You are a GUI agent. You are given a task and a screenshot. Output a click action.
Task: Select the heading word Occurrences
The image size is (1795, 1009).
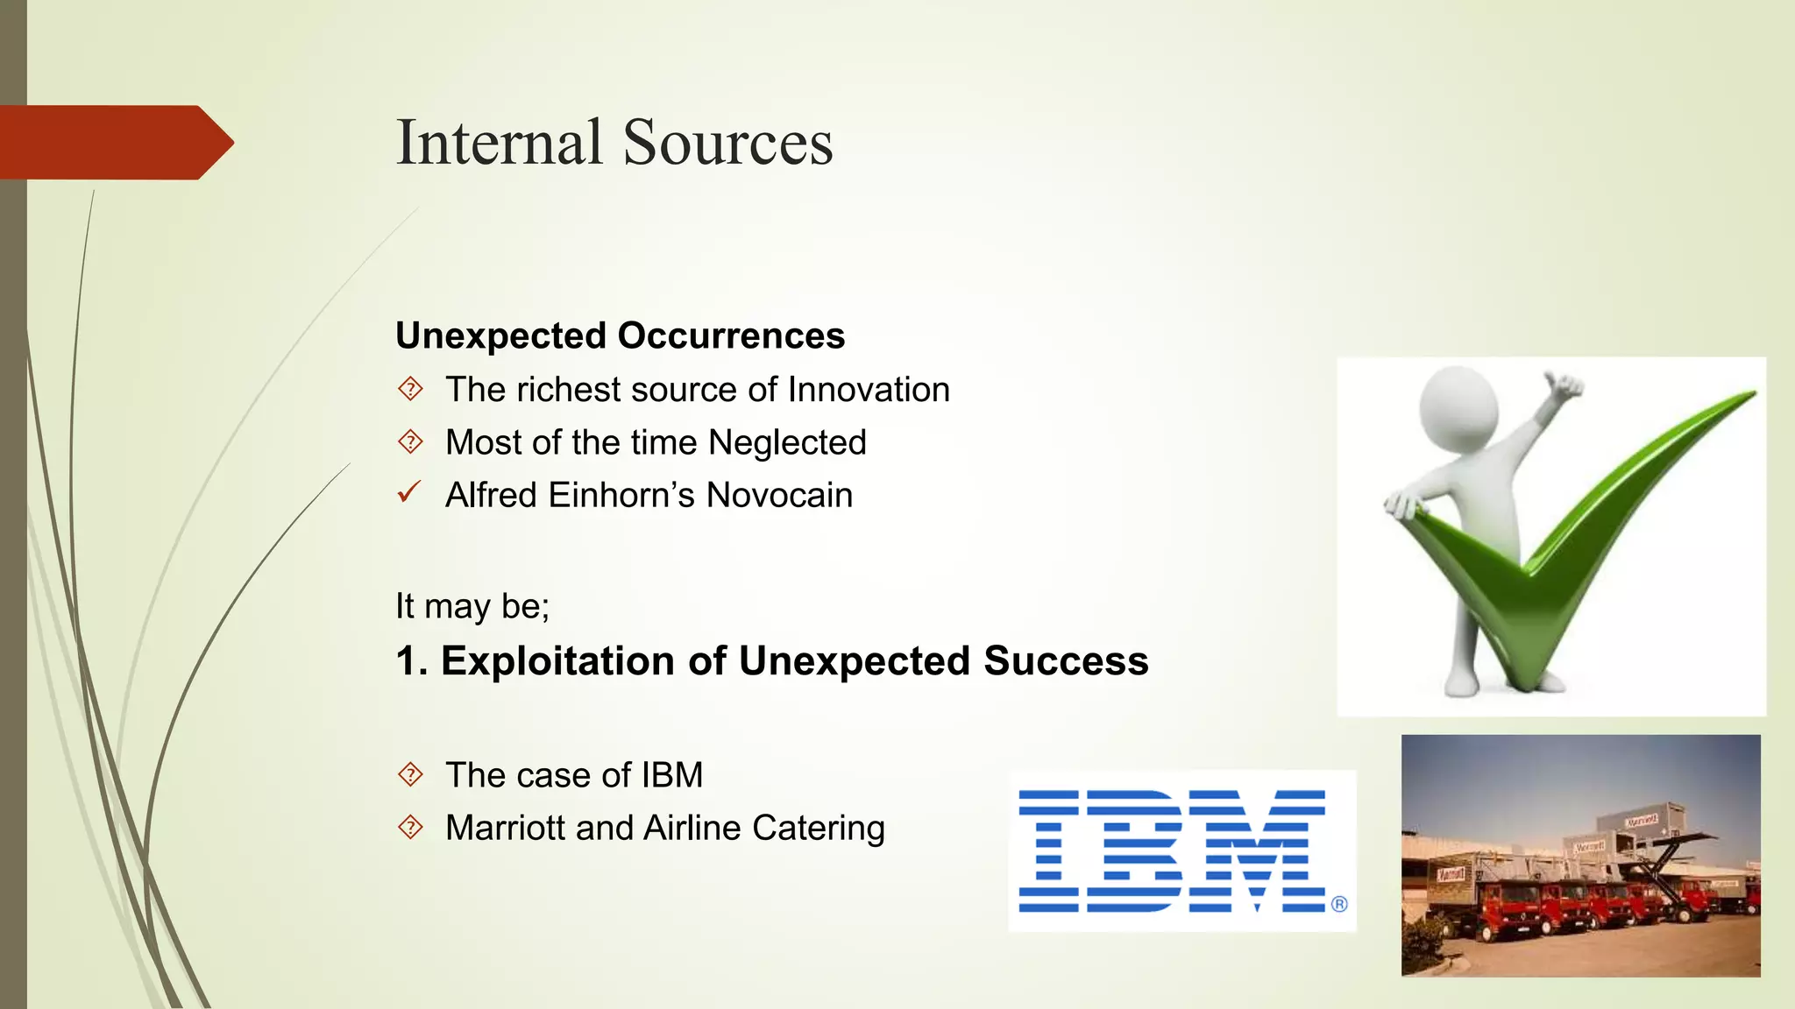[731, 336]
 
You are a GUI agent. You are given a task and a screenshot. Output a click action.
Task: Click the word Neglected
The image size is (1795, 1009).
[787, 442]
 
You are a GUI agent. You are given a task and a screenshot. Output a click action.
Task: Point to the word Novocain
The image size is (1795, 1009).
[779, 496]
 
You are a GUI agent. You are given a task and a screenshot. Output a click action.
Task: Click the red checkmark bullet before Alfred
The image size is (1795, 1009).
[409, 493]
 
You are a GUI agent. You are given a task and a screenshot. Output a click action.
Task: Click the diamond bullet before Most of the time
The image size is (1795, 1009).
[410, 441]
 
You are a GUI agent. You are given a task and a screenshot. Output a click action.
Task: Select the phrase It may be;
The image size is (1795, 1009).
[472, 606]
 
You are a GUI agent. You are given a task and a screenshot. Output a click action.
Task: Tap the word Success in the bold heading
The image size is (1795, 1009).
[1065, 661]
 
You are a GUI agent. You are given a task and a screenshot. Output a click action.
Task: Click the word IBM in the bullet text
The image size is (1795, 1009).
[671, 775]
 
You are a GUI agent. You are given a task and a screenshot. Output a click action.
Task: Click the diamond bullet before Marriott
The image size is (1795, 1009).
[410, 828]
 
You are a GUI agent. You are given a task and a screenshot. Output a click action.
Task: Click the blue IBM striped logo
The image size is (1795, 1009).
[1171, 851]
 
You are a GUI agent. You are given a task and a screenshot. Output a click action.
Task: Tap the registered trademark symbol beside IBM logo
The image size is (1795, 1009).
[1339, 904]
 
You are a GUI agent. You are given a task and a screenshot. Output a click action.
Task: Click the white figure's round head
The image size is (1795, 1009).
[1458, 406]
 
